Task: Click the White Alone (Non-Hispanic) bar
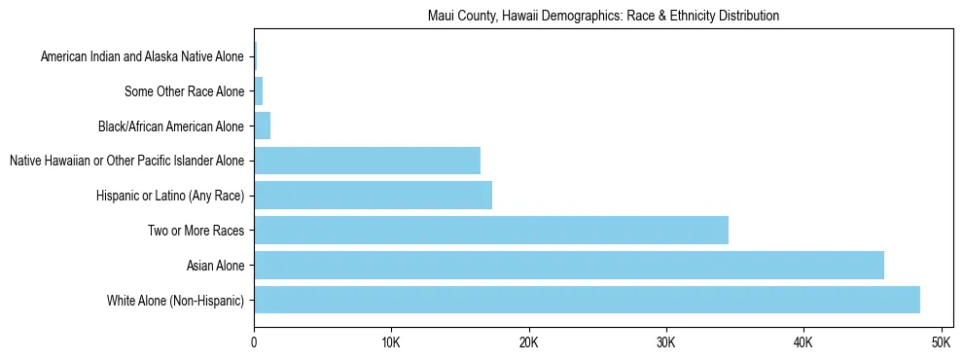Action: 587,300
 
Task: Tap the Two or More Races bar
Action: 491,231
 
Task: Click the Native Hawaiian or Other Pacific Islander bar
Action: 367,161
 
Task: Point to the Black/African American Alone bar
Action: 262,126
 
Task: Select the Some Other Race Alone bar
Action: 258,91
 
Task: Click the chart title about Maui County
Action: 603,17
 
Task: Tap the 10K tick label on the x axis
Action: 391,343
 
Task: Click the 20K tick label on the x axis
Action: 528,343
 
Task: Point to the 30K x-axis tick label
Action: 666,343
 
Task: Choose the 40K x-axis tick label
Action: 803,343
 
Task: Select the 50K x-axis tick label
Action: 941,343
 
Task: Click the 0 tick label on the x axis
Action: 254,343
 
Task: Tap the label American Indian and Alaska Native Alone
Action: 142,57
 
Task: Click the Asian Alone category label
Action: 216,266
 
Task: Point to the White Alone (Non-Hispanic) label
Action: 176,301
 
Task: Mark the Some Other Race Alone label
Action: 184,92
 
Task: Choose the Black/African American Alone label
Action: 170,126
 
